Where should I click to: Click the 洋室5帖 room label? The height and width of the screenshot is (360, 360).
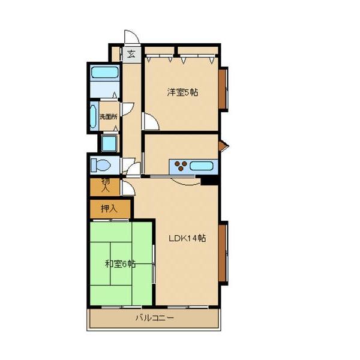click(182, 92)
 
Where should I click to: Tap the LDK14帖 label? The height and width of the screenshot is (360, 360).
click(187, 238)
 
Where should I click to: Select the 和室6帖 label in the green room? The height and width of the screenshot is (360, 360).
click(120, 264)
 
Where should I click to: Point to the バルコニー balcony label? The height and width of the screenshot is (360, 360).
click(155, 318)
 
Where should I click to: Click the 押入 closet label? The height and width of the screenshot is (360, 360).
click(109, 208)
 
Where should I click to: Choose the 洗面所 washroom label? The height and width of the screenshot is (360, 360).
click(108, 116)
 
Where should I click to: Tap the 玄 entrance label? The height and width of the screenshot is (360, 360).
click(131, 55)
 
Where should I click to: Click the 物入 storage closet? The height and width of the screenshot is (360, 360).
click(105, 187)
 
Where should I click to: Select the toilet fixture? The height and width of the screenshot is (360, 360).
click(100, 165)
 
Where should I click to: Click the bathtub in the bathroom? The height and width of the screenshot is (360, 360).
click(104, 72)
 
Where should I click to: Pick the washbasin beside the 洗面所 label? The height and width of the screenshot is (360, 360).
click(93, 116)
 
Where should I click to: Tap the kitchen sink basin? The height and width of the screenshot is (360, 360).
click(202, 166)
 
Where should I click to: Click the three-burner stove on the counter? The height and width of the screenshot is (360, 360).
click(181, 166)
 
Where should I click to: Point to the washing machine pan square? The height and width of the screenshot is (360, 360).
click(109, 143)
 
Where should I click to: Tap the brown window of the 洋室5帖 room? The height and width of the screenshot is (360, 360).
click(223, 89)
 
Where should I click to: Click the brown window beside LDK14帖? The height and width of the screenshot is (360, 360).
click(223, 253)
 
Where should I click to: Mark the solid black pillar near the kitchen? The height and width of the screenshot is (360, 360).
click(209, 180)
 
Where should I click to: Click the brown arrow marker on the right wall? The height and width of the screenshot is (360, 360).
click(223, 145)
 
